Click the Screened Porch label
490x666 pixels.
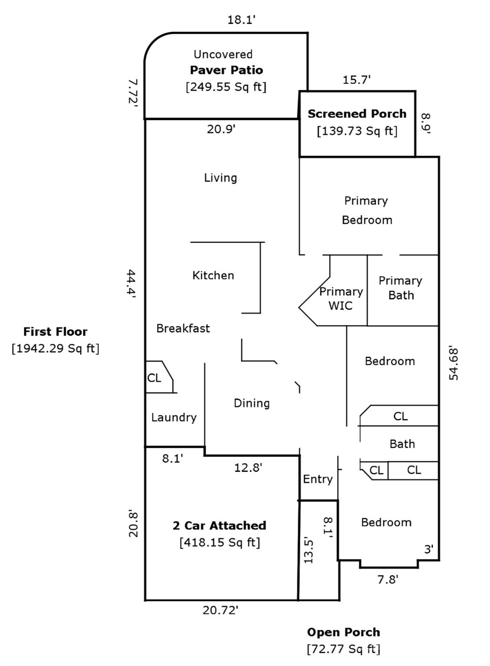coord(357,114)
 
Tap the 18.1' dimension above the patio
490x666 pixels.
coord(240,20)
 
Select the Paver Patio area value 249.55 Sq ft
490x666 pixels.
coord(226,87)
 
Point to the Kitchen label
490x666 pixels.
coord(213,275)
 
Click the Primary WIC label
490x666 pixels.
coord(341,298)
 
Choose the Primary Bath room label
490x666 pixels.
coord(400,288)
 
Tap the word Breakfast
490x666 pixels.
coord(183,328)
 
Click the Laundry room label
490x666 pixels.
coord(174,417)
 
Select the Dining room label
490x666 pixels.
coord(251,403)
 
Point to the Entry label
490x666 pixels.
coord(318,479)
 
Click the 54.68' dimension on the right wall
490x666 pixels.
coord(454,363)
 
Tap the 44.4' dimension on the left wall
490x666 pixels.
coord(132,284)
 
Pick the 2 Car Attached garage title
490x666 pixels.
coord(219,526)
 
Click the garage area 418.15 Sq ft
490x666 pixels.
coord(220,542)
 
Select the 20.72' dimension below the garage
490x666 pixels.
coord(220,610)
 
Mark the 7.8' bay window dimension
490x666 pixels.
coord(388,579)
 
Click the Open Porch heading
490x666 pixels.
coord(343,632)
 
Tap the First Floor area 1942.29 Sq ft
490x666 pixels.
coord(56,348)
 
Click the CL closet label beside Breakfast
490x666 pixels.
coord(154,378)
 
